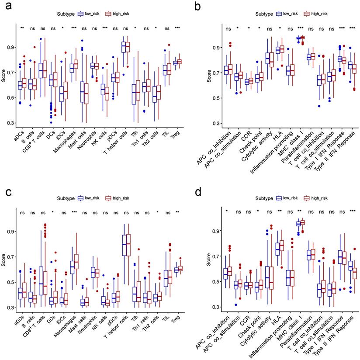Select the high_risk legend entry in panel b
[x=318, y=14]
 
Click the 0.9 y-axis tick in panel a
[x=12, y=47]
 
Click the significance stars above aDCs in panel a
[x=22, y=29]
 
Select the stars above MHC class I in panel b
[x=301, y=29]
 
